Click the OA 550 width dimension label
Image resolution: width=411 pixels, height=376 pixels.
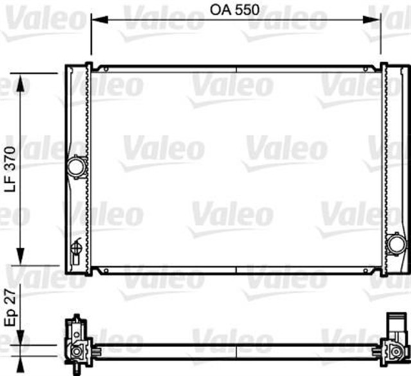tap(235, 10)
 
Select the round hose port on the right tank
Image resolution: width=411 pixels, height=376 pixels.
tap(396, 244)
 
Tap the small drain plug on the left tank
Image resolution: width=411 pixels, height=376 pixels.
tap(77, 247)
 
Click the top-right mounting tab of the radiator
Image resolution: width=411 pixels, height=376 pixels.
tap(384, 66)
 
